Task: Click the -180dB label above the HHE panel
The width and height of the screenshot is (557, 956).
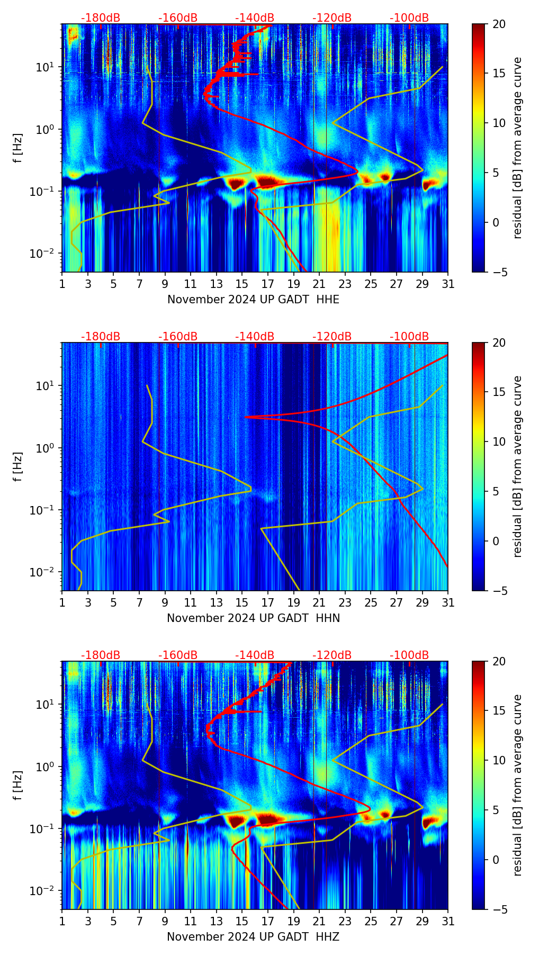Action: click(x=101, y=18)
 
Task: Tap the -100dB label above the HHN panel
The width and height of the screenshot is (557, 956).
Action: click(x=409, y=337)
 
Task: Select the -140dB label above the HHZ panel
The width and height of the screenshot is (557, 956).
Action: click(x=255, y=655)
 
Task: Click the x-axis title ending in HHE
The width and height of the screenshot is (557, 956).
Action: click(x=253, y=300)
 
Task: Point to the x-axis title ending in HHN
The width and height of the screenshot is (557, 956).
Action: click(x=253, y=618)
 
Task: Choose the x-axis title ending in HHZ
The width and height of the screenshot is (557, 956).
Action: click(x=253, y=937)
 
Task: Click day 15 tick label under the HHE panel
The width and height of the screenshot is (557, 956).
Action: click(x=242, y=284)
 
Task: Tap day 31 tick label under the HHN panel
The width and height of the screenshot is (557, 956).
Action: click(x=448, y=603)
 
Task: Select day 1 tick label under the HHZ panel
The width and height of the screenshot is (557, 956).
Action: click(x=62, y=922)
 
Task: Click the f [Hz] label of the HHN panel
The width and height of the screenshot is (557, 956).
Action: click(x=17, y=466)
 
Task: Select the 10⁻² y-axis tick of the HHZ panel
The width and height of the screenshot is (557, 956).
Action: click(x=47, y=891)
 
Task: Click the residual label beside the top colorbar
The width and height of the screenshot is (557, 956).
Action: click(x=517, y=148)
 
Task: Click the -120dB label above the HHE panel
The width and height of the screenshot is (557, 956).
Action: click(x=332, y=18)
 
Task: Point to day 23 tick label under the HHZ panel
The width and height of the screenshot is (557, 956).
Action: click(x=345, y=922)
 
